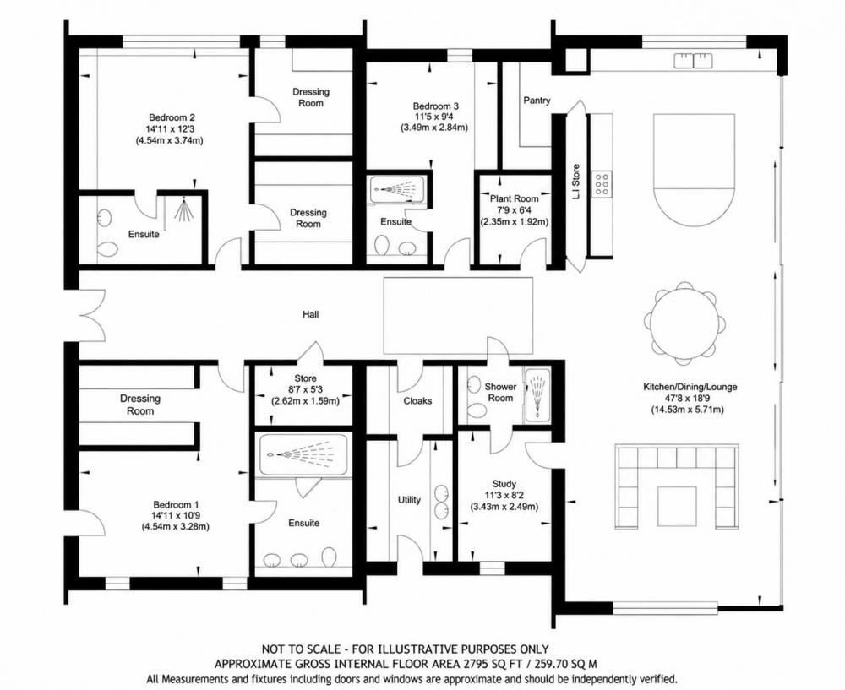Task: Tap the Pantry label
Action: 537,101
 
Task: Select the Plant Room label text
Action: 514,198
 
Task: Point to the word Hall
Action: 310,314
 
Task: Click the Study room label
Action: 504,484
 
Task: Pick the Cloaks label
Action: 417,401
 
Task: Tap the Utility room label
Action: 409,500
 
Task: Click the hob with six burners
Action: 602,183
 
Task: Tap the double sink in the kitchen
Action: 694,60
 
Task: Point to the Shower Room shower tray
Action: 537,394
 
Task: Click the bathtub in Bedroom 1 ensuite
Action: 303,454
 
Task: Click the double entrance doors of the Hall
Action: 91,314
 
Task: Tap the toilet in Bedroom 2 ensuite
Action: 107,249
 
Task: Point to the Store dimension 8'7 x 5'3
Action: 305,389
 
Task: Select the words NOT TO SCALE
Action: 302,649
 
